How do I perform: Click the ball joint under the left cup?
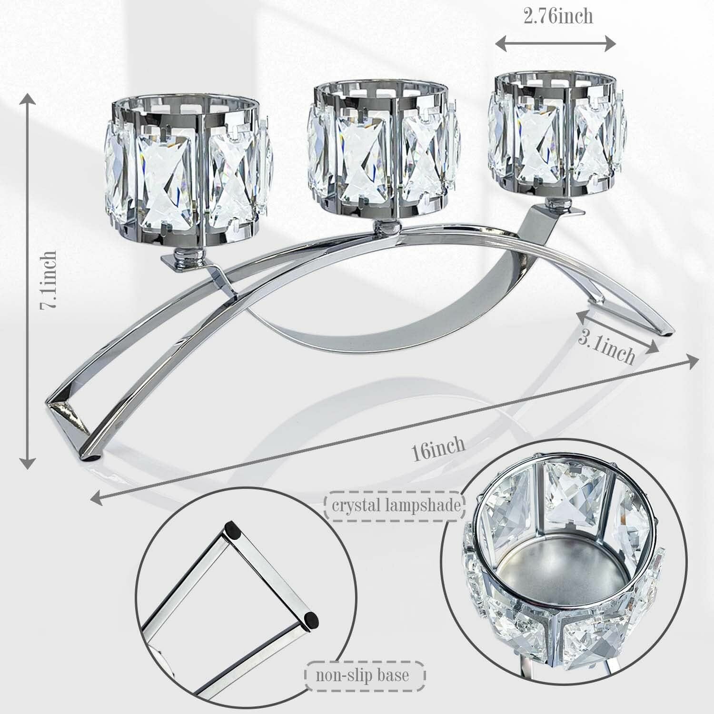(x=184, y=257)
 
